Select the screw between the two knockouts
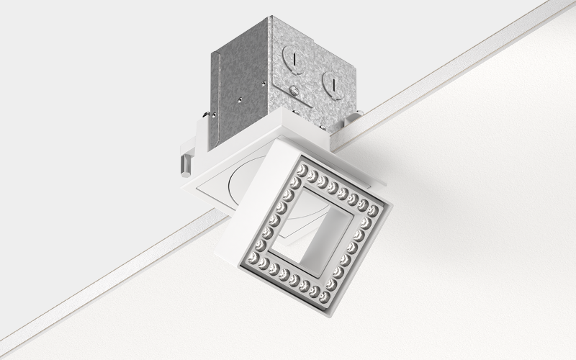coord(294,90)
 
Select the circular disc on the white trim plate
coord(234,187)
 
